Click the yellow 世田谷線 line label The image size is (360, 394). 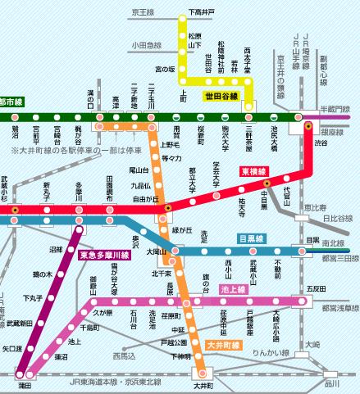(221, 97)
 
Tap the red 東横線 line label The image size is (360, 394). (253, 172)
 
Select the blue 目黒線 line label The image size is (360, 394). (252, 238)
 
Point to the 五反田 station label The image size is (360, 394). (315, 289)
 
